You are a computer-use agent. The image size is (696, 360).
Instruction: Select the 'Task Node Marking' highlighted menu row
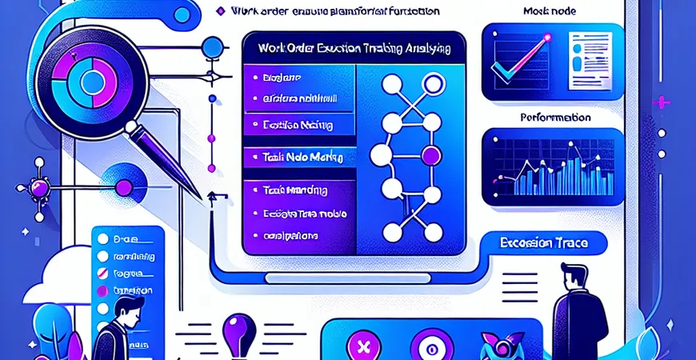pos(298,158)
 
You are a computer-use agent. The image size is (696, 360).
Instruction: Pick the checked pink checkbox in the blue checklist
pos(101,274)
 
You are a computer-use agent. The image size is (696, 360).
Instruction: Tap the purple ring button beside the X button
pos(425,348)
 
